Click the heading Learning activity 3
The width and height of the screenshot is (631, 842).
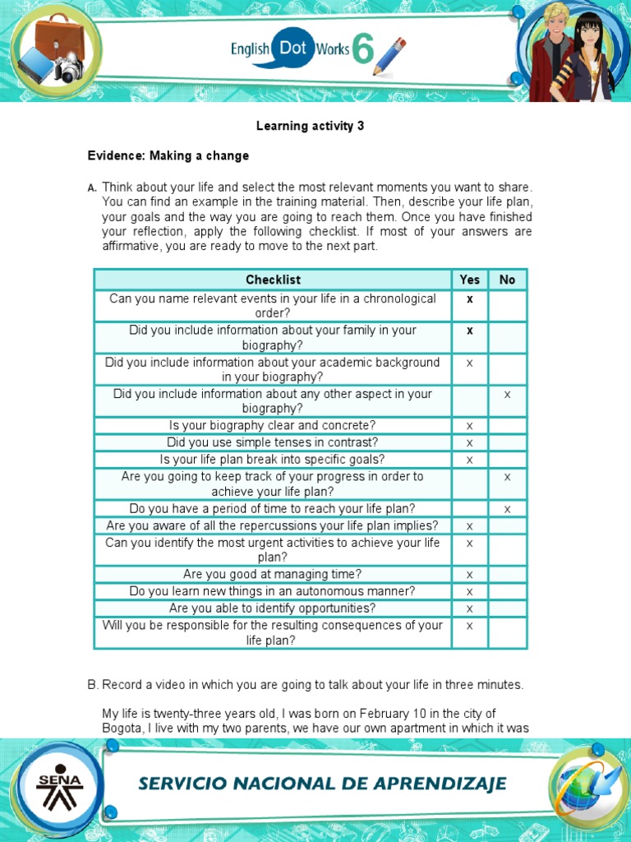tap(310, 126)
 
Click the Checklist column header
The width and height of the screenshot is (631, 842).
tap(273, 280)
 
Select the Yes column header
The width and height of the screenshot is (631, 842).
tap(470, 280)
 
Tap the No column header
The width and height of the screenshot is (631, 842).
tap(507, 280)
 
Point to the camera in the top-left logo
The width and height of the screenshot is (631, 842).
tap(70, 68)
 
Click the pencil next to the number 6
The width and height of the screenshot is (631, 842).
tap(389, 56)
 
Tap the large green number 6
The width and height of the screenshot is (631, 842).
tap(362, 49)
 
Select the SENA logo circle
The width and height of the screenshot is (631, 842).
tap(58, 790)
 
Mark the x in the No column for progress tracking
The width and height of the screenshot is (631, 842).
tap(507, 477)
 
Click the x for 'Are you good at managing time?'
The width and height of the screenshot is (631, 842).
tap(470, 575)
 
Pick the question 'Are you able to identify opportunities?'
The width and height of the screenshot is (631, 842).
tap(273, 608)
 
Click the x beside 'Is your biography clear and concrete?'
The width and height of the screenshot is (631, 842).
tap(470, 426)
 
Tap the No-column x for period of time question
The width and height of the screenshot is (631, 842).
tap(507, 509)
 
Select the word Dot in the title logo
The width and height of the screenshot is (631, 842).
tap(292, 49)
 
